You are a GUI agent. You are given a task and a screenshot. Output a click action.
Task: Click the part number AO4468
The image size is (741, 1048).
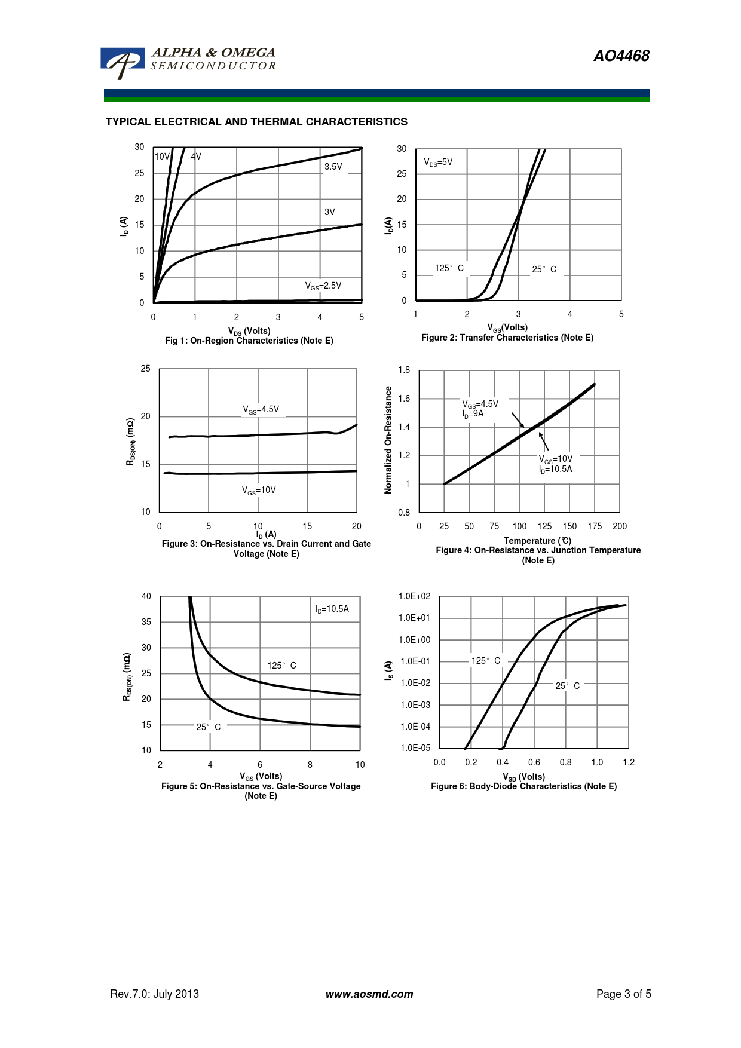pyautogui.click(x=621, y=56)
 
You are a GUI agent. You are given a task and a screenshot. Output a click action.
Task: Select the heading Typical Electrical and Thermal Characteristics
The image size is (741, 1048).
pyautogui.click(x=256, y=122)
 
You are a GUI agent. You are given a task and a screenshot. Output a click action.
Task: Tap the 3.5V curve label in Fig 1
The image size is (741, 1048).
pyautogui.click(x=333, y=167)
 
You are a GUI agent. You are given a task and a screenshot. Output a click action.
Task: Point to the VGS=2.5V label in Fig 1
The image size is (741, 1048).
pyautogui.click(x=323, y=286)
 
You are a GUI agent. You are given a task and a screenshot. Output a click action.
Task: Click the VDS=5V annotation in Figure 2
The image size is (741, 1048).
pyautogui.click(x=438, y=163)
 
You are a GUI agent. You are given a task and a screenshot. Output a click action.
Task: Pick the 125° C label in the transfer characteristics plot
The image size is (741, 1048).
pyautogui.click(x=449, y=268)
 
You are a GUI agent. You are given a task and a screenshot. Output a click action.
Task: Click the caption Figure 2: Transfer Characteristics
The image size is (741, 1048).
pyautogui.click(x=507, y=338)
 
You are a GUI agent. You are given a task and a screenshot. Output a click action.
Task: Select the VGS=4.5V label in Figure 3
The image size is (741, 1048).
pyautogui.click(x=261, y=410)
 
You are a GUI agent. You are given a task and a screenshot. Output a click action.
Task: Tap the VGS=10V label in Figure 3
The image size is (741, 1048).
pyautogui.click(x=259, y=491)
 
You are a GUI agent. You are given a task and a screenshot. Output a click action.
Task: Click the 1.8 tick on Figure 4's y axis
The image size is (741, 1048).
pyautogui.click(x=404, y=370)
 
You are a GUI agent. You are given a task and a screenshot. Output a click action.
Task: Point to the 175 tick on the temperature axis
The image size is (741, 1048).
pyautogui.click(x=595, y=526)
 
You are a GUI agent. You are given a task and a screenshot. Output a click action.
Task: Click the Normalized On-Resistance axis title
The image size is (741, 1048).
pyautogui.click(x=388, y=440)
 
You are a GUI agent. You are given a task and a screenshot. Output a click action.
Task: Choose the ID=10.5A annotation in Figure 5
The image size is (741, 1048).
pyautogui.click(x=332, y=609)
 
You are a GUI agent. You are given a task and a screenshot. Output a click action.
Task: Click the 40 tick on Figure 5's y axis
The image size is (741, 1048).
pyautogui.click(x=146, y=596)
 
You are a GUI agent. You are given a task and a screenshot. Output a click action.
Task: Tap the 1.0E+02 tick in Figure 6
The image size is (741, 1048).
pyautogui.click(x=415, y=596)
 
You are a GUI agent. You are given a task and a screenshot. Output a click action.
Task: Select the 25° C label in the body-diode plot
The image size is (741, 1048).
pyautogui.click(x=568, y=685)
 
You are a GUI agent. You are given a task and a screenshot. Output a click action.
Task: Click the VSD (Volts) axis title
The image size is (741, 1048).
pyautogui.click(x=524, y=777)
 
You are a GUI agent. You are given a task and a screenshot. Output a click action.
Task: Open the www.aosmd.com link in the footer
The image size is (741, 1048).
pyautogui.click(x=369, y=994)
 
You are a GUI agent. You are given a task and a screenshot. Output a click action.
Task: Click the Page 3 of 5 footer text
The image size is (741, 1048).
pyautogui.click(x=624, y=994)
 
